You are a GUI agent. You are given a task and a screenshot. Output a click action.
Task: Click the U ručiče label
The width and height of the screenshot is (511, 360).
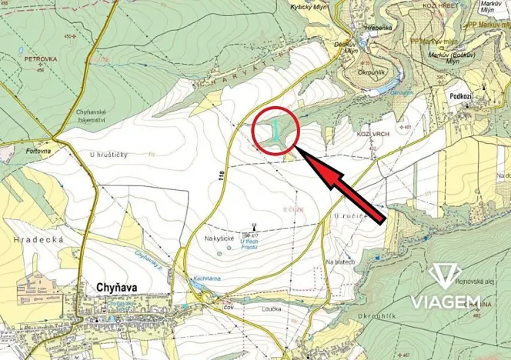click(x=348, y=217)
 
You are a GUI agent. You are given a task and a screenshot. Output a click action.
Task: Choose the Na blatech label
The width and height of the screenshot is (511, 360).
click(x=340, y=263)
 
